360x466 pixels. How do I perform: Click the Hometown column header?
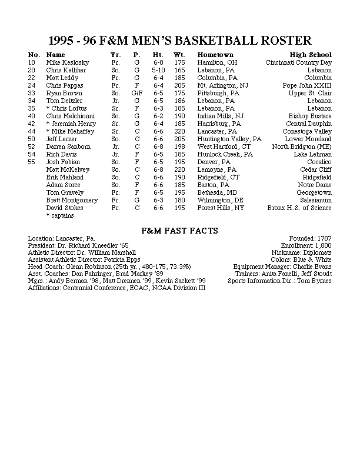coord(213,55)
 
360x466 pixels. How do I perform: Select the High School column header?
coord(311,55)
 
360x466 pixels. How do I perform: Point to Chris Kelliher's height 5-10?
coord(158,70)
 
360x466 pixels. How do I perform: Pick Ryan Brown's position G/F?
coord(137,93)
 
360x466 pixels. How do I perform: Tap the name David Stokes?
coord(65,208)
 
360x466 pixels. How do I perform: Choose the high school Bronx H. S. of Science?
coord(299,208)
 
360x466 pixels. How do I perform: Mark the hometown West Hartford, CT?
coord(224,147)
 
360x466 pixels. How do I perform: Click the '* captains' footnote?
coord(61,215)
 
